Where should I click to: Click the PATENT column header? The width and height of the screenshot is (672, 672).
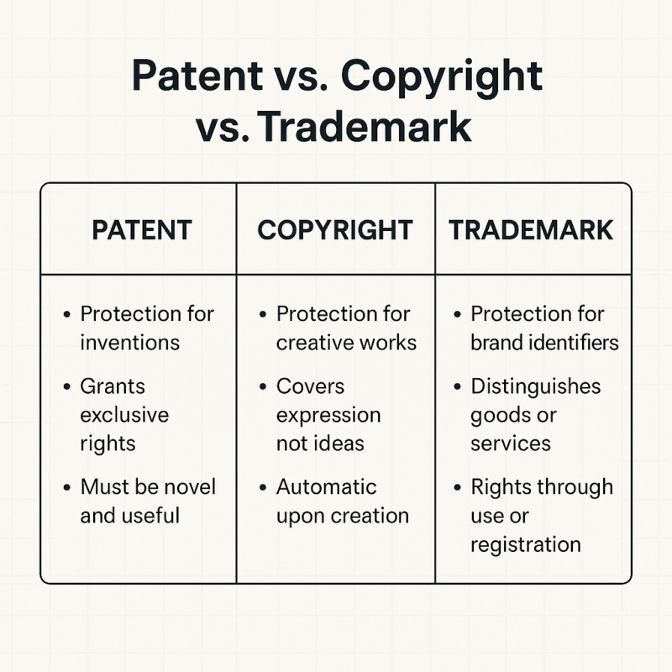click(x=141, y=230)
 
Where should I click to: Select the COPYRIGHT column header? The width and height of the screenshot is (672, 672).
click(x=335, y=230)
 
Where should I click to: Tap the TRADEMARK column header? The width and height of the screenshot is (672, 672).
click(x=531, y=230)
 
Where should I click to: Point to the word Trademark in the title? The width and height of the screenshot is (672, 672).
click(x=365, y=128)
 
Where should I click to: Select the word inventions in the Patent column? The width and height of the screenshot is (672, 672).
click(x=129, y=342)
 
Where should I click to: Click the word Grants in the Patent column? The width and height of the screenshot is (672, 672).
click(x=113, y=386)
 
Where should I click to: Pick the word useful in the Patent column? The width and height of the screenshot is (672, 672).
click(x=152, y=515)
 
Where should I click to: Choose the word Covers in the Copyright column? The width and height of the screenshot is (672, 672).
click(x=310, y=386)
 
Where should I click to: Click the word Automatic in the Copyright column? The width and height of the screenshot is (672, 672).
click(x=327, y=487)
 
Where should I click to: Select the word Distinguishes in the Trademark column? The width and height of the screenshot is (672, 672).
click(x=535, y=386)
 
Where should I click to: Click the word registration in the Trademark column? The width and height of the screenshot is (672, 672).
click(x=525, y=543)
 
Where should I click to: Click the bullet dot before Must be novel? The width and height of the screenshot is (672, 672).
click(x=67, y=488)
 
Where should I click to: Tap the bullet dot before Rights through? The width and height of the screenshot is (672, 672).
click(x=457, y=488)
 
